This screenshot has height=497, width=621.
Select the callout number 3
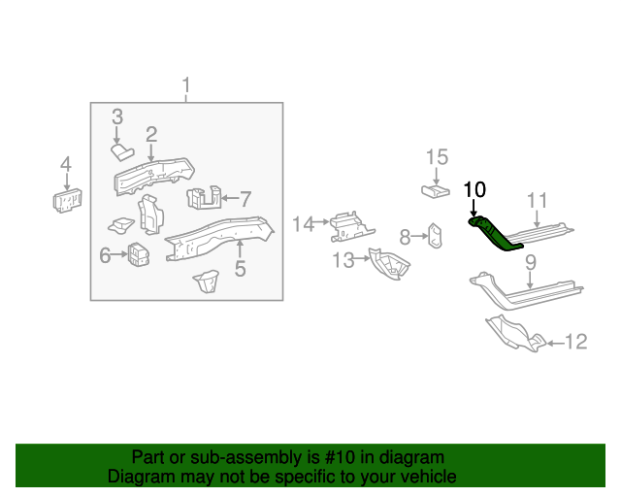click(x=117, y=116)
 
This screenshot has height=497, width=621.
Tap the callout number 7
click(x=245, y=198)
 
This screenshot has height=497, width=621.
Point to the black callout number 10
click(x=475, y=189)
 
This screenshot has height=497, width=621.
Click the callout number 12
click(x=575, y=342)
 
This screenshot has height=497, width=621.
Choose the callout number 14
click(x=304, y=224)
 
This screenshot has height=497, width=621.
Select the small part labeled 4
click(x=65, y=200)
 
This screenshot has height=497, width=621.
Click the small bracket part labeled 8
click(x=437, y=235)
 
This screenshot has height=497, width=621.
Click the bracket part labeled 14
click(x=347, y=227)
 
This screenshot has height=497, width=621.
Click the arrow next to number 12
click(x=553, y=342)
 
